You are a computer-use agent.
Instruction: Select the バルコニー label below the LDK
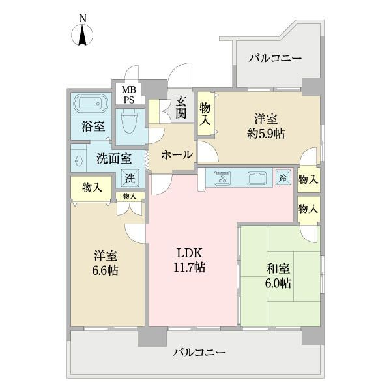199,353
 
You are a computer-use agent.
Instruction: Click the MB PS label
130,94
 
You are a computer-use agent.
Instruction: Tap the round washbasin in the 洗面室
78,160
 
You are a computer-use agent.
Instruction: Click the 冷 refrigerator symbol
283,177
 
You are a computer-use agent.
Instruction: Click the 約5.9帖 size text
265,134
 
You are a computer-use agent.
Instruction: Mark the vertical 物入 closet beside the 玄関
205,115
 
